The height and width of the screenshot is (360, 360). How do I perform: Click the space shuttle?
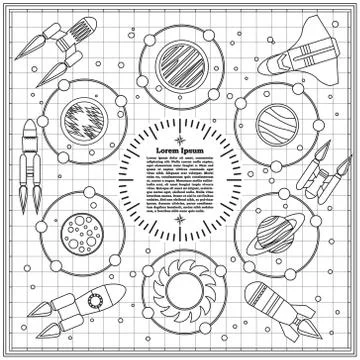point(291,56)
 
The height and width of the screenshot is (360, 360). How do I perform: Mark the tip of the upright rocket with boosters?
point(28,121)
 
